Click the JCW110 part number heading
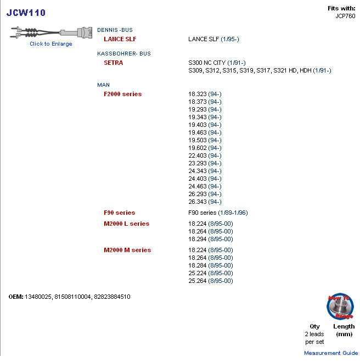pos(26,13)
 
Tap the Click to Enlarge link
pos(50,44)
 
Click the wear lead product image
pos(50,32)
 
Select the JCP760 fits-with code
pos(346,16)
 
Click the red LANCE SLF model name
pos(120,39)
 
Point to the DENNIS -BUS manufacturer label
pos(115,30)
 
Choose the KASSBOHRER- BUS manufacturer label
pos(123,53)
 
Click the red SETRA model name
pos(113,63)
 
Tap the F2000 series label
pos(122,94)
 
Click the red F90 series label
pos(119,213)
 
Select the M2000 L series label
pos(126,224)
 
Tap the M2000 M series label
pos(127,250)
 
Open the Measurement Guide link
pos(331,353)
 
